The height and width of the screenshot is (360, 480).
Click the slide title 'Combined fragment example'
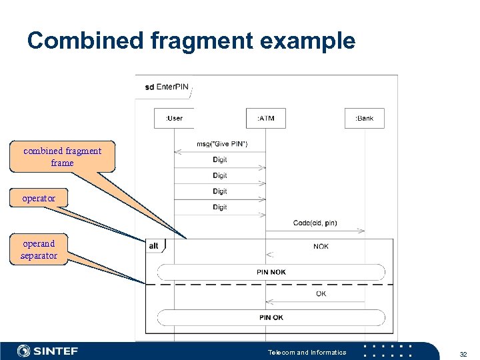(x=191, y=41)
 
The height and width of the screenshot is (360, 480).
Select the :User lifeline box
(x=173, y=118)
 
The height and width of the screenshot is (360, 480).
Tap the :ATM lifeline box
(x=265, y=118)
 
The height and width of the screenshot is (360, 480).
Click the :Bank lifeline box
(x=365, y=118)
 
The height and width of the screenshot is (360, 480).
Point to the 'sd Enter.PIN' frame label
(x=167, y=87)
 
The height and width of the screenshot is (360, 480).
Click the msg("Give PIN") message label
(x=222, y=144)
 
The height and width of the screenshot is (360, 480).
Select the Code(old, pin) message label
(x=315, y=223)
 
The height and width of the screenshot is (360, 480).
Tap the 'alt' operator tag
(x=155, y=246)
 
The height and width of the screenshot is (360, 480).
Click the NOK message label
(x=321, y=247)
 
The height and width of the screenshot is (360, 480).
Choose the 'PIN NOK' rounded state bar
(x=271, y=272)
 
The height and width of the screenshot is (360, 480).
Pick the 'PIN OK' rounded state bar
(x=271, y=317)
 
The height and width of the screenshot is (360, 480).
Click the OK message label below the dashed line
(x=321, y=293)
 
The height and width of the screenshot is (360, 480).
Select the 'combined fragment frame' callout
(x=62, y=157)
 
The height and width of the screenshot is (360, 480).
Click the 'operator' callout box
(x=39, y=198)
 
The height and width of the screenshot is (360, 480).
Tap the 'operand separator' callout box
(x=39, y=249)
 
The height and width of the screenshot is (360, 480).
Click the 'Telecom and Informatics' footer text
(x=307, y=352)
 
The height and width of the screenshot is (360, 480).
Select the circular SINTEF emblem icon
(x=23, y=351)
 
